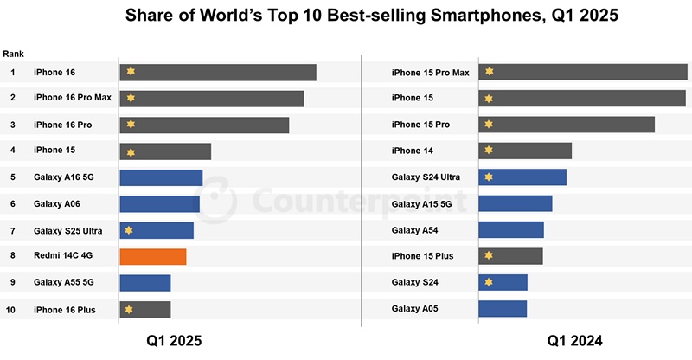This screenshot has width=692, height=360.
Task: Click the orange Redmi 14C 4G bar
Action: pos(153,256)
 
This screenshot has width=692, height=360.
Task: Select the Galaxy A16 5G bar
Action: pos(161,177)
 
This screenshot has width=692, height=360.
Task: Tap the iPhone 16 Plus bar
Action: pos(145,309)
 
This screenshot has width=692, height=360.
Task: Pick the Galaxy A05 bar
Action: pos(503,309)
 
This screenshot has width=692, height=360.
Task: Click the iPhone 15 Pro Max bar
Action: pos(583,73)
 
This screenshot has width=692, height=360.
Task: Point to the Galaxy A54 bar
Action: pos(510,230)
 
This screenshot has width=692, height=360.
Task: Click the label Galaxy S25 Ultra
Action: pos(66,230)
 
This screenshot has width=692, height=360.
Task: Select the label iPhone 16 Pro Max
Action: pos(73,98)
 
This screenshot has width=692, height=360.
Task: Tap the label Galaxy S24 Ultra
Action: pos(426,177)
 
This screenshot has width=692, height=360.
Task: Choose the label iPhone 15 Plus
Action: pos(422,256)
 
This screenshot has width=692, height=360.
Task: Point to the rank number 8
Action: pos(13,256)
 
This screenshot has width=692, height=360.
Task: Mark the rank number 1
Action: pos(13,73)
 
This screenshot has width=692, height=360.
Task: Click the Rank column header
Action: pos(13,54)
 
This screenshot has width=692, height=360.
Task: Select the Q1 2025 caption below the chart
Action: pos(174,341)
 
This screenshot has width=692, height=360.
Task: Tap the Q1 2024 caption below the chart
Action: pos(575,341)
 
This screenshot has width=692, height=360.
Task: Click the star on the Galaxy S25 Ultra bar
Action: pos(129,230)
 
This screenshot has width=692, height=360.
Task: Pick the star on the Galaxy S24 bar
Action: pos(489,283)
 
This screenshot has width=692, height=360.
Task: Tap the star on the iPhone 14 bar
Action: pos(489,151)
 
